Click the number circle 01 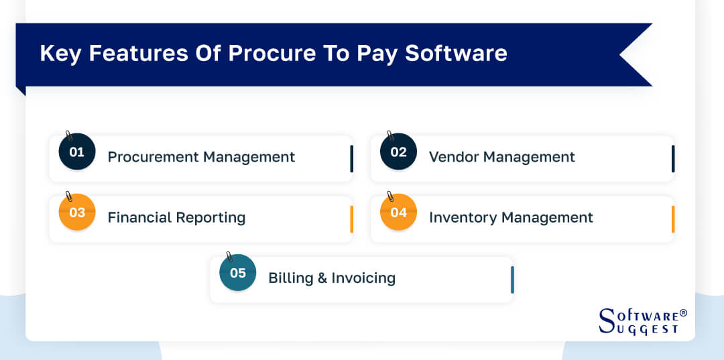tap(77, 152)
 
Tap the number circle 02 tap(398, 152)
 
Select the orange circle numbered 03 tap(77, 213)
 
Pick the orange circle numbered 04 tap(398, 213)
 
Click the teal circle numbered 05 tap(238, 273)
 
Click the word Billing tap(289, 278)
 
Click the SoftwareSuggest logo tap(641, 321)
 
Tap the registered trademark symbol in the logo tap(683, 313)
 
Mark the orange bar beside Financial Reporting tap(352, 219)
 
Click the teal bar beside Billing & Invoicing tap(512, 280)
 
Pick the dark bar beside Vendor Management tap(673, 159)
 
